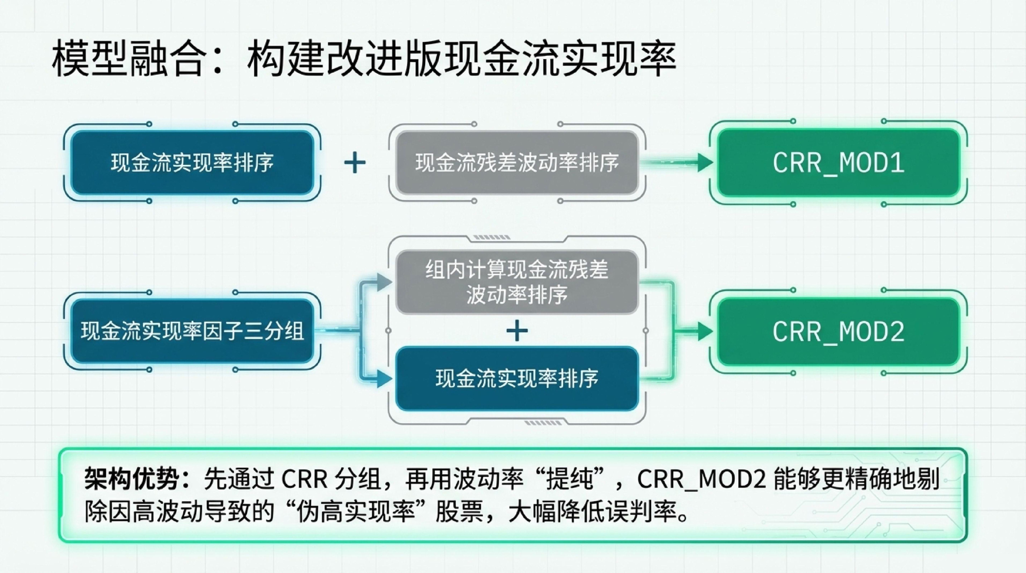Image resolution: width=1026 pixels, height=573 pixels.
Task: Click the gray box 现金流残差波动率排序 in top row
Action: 517,163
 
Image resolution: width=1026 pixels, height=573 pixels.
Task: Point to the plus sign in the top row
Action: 354,163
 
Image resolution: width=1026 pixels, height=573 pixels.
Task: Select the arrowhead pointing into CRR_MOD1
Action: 705,163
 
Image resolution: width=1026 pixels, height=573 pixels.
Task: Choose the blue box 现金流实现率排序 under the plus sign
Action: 517,379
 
